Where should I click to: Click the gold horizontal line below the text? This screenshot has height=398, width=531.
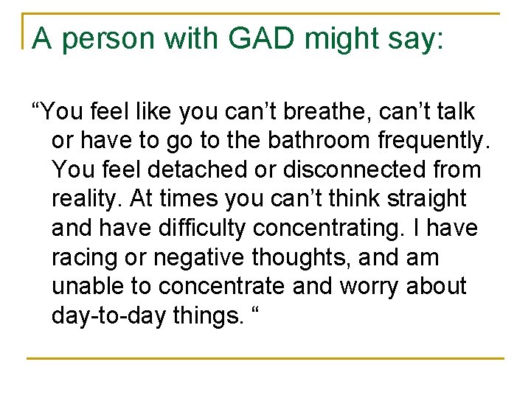point(265,358)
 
